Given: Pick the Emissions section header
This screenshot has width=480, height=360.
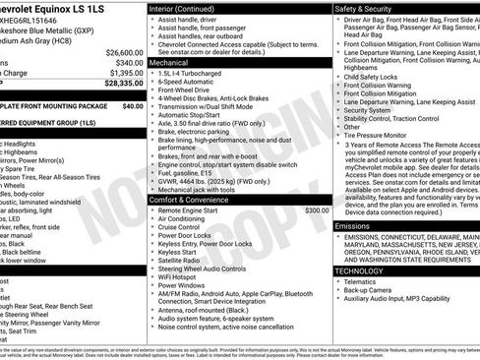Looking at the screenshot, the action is coord(353,225).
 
